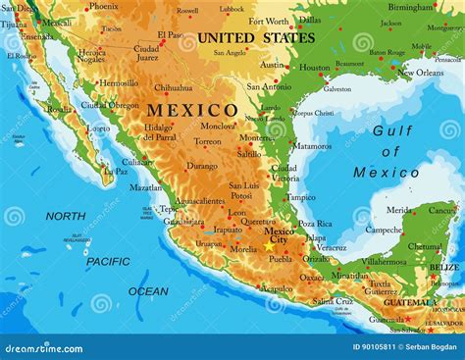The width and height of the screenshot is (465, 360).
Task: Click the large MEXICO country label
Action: click(x=192, y=110)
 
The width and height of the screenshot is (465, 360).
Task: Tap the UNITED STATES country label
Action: click(x=255, y=38)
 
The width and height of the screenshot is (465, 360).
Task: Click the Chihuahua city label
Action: click(x=173, y=87)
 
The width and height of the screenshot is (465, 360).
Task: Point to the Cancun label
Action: click(x=441, y=210)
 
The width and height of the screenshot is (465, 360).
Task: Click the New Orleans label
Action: click(x=419, y=72)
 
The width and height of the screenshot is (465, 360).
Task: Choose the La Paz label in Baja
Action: click(x=116, y=171)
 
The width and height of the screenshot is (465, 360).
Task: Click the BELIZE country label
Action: click(x=443, y=267)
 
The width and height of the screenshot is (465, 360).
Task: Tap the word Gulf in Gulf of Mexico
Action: click(x=391, y=130)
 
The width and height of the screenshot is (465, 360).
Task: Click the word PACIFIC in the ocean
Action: click(x=107, y=261)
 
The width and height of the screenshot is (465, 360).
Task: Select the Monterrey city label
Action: click(x=256, y=138)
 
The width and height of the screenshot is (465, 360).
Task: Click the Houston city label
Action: click(x=314, y=68)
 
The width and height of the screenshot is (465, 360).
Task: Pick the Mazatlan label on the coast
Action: click(x=146, y=187)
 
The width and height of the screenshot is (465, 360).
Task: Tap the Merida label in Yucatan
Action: click(x=398, y=210)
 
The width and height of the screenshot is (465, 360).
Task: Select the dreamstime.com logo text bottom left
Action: click(x=43, y=348)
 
